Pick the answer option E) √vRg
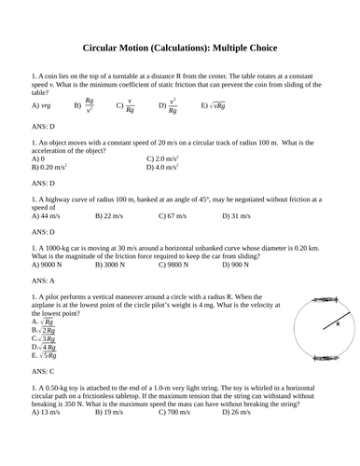[x=218, y=106]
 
